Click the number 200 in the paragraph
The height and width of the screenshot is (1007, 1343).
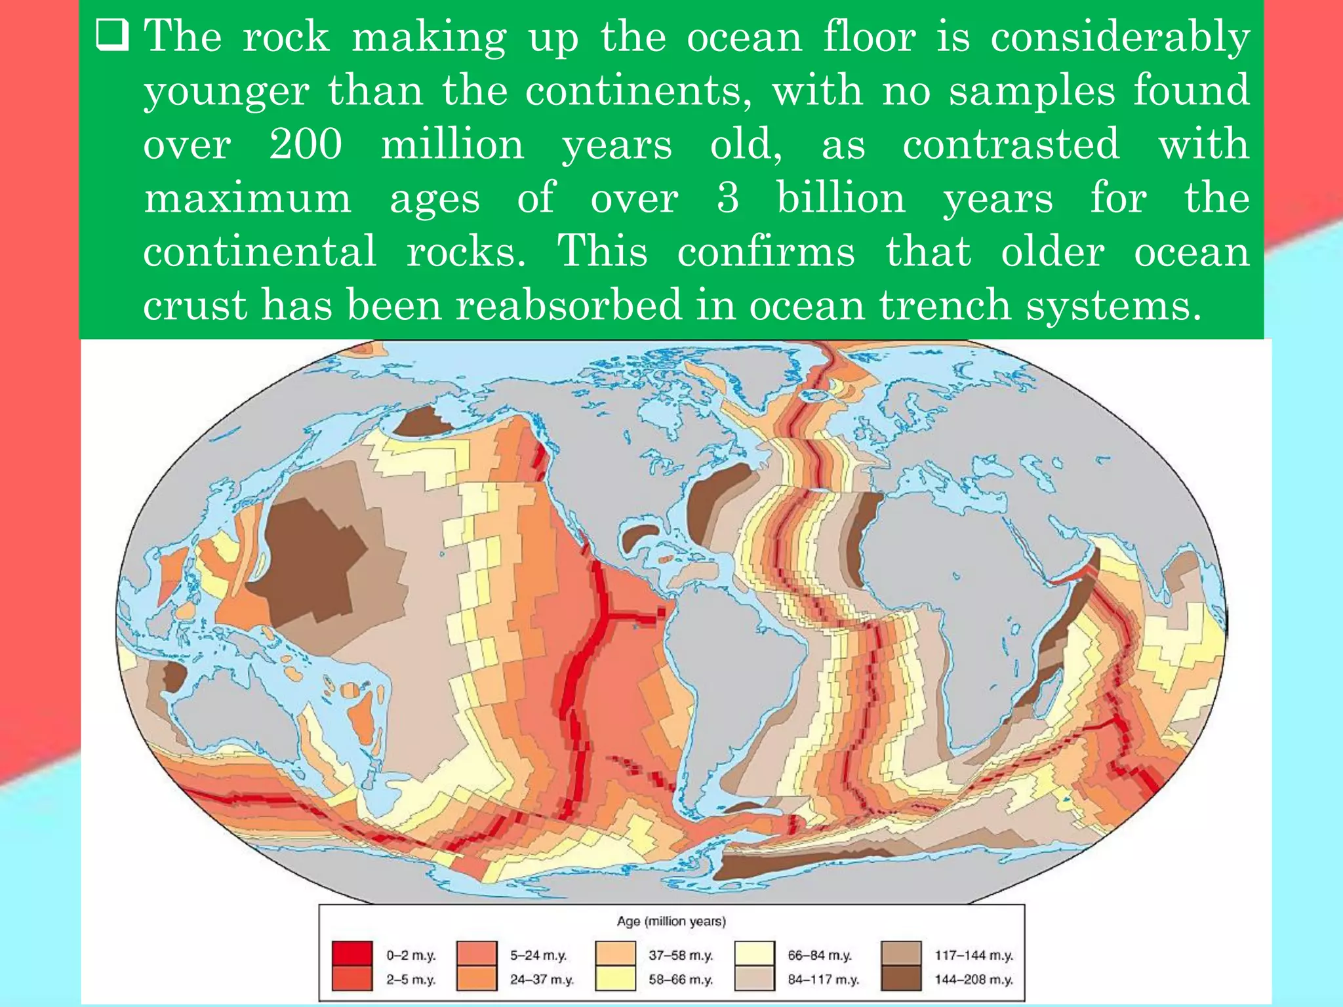306,144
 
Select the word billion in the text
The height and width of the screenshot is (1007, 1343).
841,198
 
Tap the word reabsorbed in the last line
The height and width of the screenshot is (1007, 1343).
569,306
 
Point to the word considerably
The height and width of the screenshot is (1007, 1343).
1119,38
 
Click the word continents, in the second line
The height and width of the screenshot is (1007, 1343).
639,90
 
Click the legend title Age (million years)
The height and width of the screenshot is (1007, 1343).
671,921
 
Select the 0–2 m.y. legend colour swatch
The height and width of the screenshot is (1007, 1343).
352,954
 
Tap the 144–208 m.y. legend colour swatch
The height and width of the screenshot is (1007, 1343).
902,979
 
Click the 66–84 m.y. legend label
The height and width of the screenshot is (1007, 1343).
820,955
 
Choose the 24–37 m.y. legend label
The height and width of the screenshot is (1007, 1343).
542,979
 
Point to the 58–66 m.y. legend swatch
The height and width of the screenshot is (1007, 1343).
615,979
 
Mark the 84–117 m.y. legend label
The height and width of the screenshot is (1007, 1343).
823,979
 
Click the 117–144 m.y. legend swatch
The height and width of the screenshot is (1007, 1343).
902,954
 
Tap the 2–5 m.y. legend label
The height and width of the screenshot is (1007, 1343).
411,979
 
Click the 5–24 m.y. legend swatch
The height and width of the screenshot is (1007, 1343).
477,954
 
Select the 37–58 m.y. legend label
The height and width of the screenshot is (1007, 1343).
681,955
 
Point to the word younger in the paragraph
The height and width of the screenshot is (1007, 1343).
226,92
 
